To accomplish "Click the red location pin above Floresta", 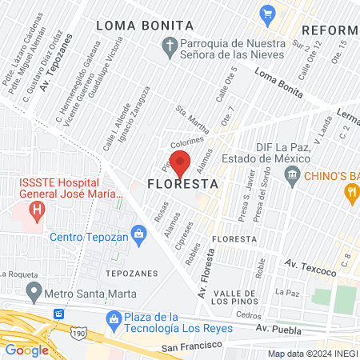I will point(180,162).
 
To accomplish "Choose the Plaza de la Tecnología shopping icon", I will point(114,318).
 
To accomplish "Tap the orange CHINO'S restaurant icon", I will point(350,192).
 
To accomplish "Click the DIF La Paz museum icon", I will point(293,174).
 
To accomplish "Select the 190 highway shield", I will point(78,330).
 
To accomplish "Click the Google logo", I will point(27,350).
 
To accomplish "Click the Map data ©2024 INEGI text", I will point(312,354).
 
